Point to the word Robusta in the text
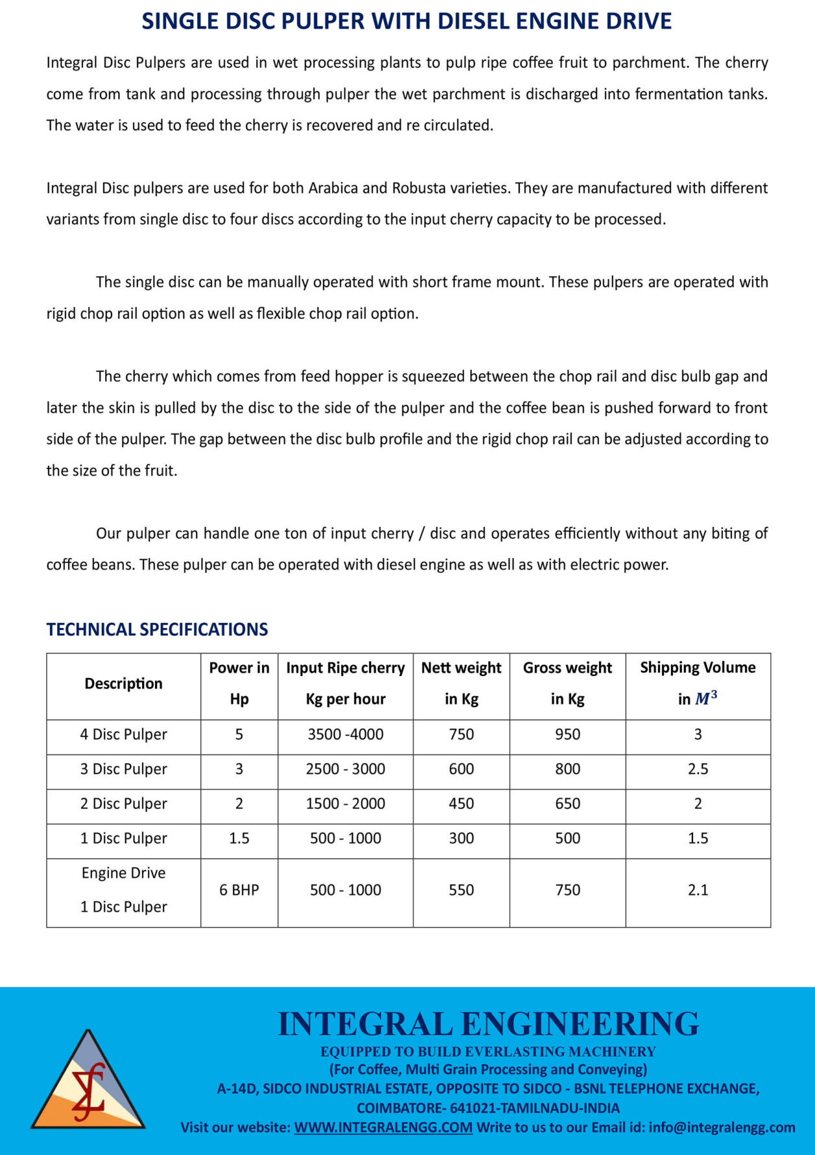419,188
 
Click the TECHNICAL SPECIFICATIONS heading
157,629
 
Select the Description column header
123,683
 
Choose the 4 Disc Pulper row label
123,735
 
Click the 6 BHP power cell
239,890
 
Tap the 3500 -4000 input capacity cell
345,735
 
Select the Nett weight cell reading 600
461,769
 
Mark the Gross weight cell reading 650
567,804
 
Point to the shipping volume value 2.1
698,890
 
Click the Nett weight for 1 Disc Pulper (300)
461,838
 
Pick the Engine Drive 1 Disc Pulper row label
123,890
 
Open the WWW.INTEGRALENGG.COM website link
383,1127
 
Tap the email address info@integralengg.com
722,1127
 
